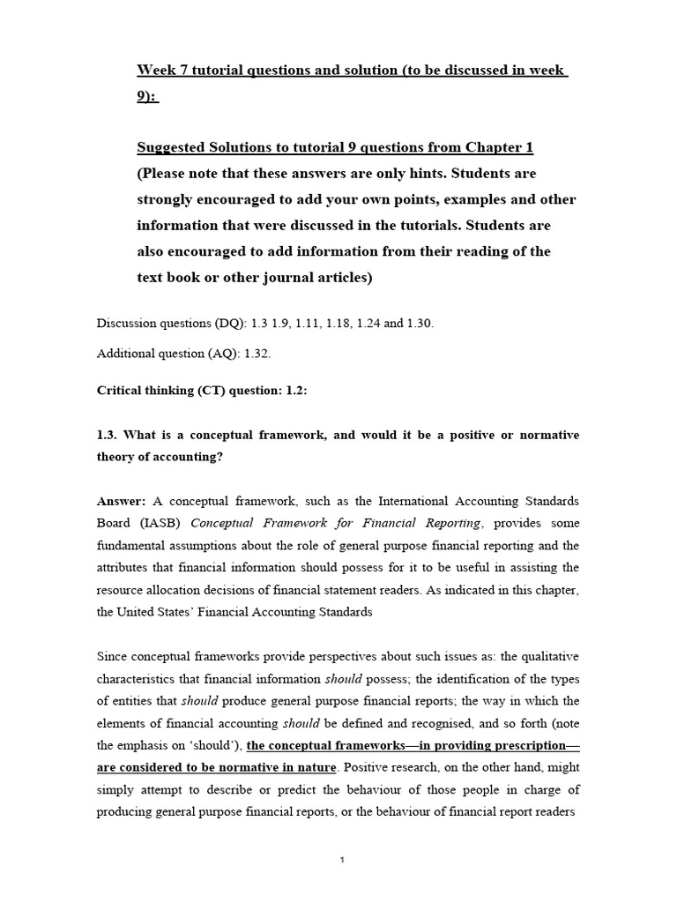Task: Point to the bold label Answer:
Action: pos(122,500)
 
